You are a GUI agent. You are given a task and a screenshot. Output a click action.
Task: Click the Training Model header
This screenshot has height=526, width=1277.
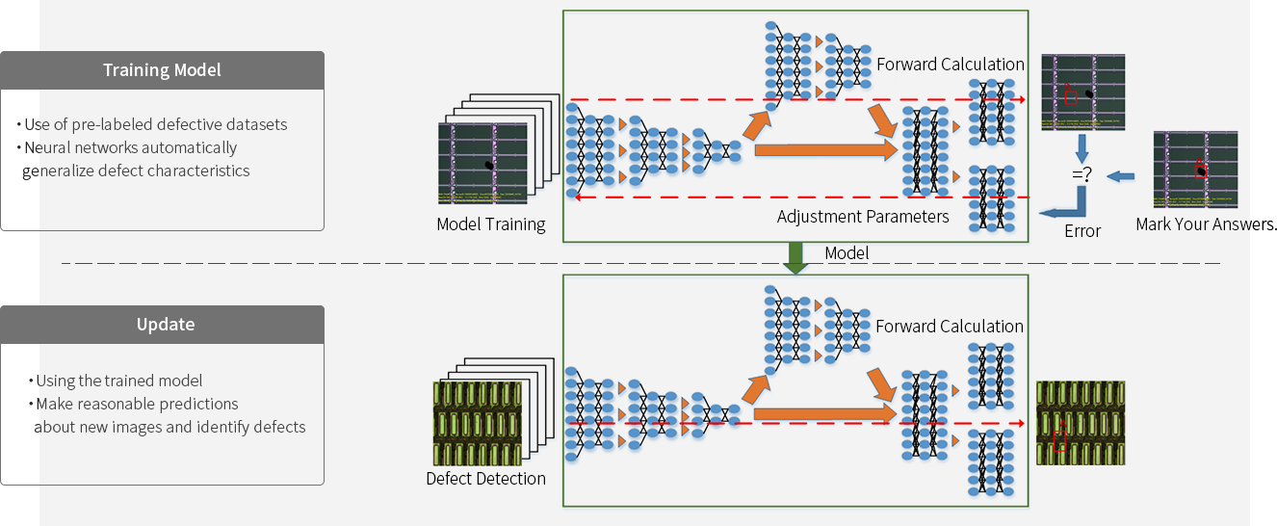click(x=162, y=70)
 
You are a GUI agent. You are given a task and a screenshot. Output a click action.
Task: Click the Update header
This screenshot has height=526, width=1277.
click(x=166, y=325)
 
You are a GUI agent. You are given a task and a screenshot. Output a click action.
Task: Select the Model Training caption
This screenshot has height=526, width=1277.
click(x=491, y=224)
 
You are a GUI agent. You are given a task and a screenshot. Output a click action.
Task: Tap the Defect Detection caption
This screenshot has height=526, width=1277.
click(x=485, y=479)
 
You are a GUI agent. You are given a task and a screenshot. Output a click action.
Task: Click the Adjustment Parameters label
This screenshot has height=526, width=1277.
click(x=863, y=217)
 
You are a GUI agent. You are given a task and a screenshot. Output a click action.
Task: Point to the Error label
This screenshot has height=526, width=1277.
click(x=1082, y=231)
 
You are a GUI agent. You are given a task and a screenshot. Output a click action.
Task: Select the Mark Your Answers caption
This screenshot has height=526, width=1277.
click(x=1204, y=224)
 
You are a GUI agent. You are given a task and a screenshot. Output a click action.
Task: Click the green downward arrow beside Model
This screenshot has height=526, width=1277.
click(x=796, y=257)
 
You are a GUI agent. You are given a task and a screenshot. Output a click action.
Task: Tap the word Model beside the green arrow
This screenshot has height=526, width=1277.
click(x=847, y=253)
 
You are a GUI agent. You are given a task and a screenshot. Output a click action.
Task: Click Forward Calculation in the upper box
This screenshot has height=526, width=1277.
click(x=950, y=65)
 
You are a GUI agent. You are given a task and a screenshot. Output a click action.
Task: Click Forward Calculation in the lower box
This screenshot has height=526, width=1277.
click(x=949, y=327)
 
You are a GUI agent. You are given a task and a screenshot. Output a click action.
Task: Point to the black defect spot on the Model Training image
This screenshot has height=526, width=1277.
click(x=490, y=167)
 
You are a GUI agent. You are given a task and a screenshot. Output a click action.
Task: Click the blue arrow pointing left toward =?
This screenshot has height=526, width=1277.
click(x=1119, y=176)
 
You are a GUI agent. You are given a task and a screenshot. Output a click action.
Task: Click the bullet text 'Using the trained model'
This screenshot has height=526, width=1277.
click(x=120, y=381)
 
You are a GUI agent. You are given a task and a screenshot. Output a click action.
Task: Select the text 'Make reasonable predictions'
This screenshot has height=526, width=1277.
click(x=138, y=404)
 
